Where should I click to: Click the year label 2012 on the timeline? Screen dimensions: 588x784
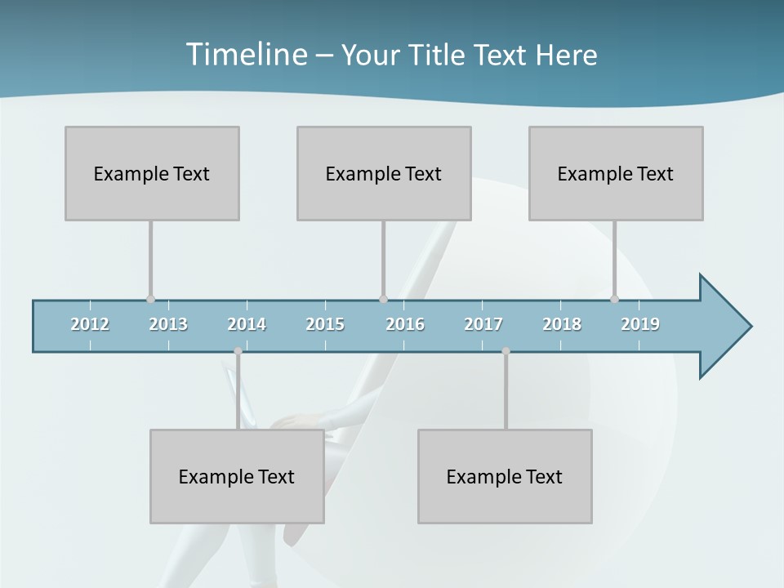tap(90, 324)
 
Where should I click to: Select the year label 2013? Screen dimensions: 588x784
tap(168, 324)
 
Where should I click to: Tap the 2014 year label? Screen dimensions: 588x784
tap(247, 324)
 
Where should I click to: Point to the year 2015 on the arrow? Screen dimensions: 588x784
tap(325, 324)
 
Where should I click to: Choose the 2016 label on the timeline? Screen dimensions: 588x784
tap(405, 324)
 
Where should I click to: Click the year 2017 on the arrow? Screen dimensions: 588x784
tap(483, 324)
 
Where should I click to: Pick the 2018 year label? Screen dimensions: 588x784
tap(562, 324)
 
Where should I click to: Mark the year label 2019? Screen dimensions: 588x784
tap(640, 324)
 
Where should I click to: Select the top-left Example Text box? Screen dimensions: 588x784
tap(152, 173)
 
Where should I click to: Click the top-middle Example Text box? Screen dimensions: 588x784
tap(384, 173)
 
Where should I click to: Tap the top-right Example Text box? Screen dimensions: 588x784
tap(616, 173)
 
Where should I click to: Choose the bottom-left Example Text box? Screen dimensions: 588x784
tap(237, 476)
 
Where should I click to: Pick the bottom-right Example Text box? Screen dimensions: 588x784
tap(505, 476)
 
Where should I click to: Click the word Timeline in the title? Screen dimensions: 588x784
tap(245, 55)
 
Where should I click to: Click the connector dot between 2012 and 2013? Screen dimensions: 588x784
tap(150, 299)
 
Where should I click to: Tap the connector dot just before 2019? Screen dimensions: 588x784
tap(614, 299)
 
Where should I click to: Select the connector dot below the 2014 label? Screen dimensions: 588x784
tap(238, 351)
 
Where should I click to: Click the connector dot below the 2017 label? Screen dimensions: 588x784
tap(506, 351)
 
